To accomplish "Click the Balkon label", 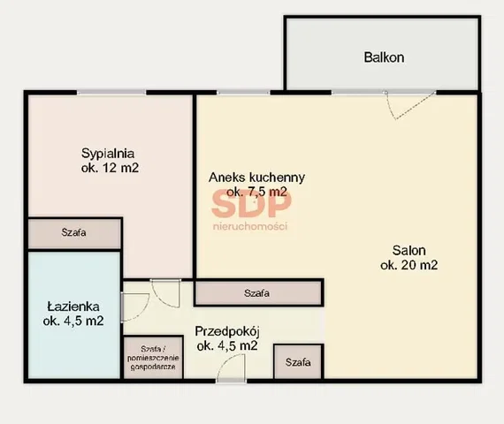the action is [384, 57].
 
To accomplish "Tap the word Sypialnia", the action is [108, 153].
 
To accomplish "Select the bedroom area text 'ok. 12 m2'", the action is [110, 168].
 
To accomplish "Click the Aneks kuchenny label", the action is [256, 178].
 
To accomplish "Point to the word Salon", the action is [409, 250].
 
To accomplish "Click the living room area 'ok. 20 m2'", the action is [409, 265].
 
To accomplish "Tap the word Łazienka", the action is [73, 307].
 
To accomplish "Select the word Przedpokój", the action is [227, 331].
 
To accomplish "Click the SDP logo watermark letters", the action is [251, 203].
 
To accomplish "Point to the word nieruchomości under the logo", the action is [250, 226].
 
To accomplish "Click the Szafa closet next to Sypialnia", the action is [74, 233].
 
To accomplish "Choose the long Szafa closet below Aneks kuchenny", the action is [258, 293].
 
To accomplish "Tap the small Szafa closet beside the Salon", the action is [298, 362].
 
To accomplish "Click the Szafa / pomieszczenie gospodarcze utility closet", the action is [153, 358].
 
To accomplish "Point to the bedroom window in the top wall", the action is [111, 93].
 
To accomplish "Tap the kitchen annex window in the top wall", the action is [243, 93].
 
